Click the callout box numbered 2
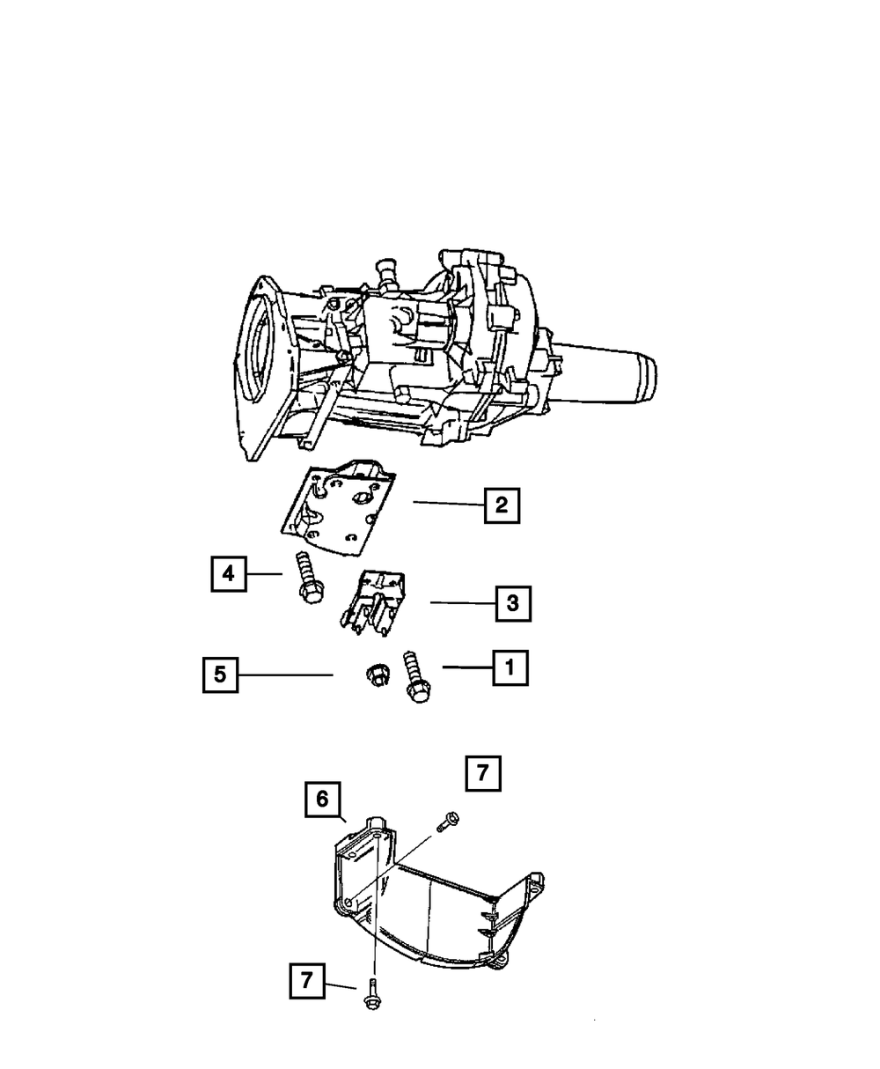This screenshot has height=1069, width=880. (x=501, y=506)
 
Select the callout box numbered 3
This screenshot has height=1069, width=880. (x=513, y=604)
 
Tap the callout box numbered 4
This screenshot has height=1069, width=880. (x=229, y=574)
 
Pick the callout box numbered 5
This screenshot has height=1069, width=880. (x=220, y=675)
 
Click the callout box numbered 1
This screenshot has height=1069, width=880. (x=510, y=668)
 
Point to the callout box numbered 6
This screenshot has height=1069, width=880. (x=322, y=800)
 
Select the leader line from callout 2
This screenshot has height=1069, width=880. (x=447, y=504)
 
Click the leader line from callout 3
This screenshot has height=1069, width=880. (x=461, y=603)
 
